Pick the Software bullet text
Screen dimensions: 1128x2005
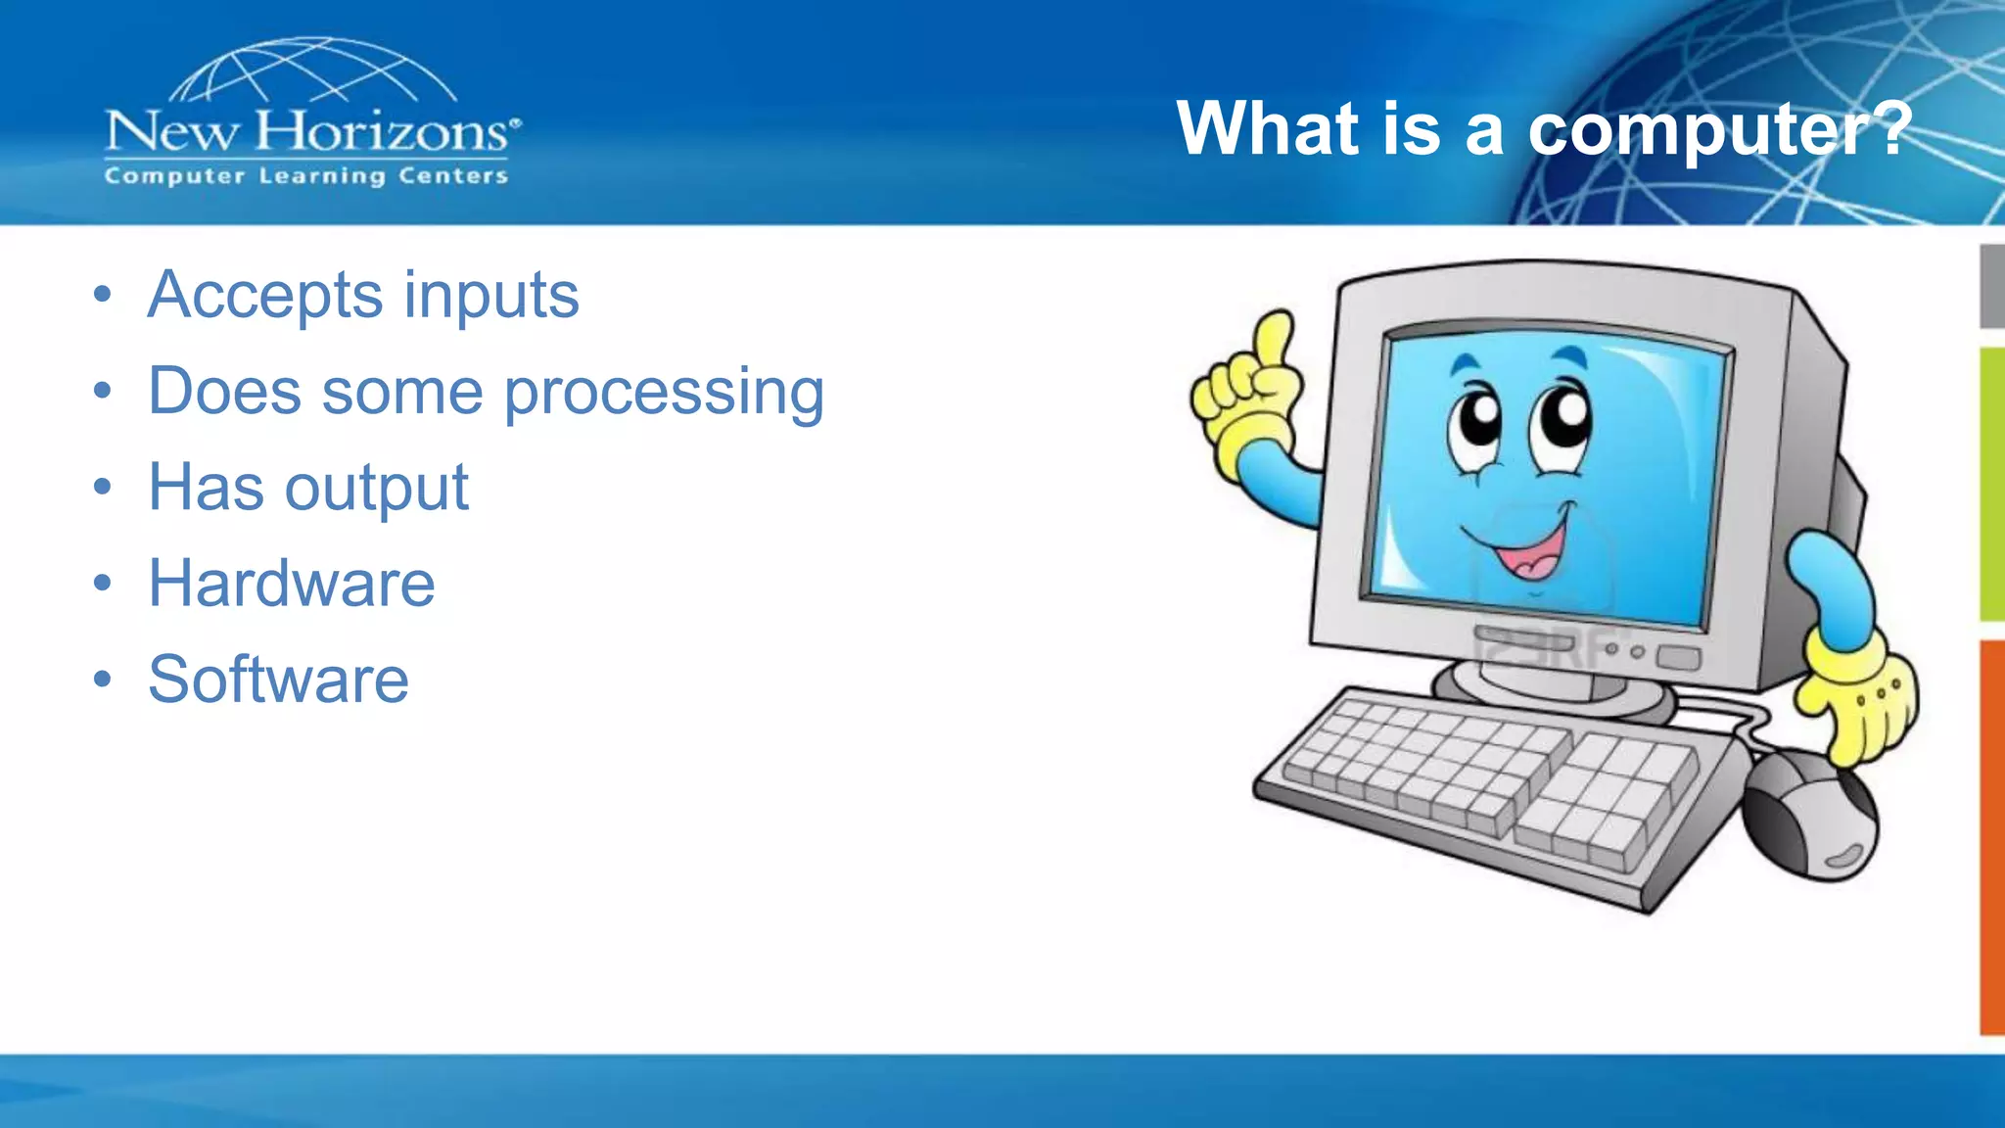tap(278, 680)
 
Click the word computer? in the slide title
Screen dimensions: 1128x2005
tap(1719, 130)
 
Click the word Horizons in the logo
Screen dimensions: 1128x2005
tap(382, 131)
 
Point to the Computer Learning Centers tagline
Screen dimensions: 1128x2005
tap(306, 176)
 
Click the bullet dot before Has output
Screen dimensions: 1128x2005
tap(103, 487)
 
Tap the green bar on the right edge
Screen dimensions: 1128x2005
tap(1991, 485)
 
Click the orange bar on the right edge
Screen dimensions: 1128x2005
tap(1991, 837)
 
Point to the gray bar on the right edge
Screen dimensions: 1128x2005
tap(1991, 286)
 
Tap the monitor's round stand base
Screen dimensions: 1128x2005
tap(1557, 691)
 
